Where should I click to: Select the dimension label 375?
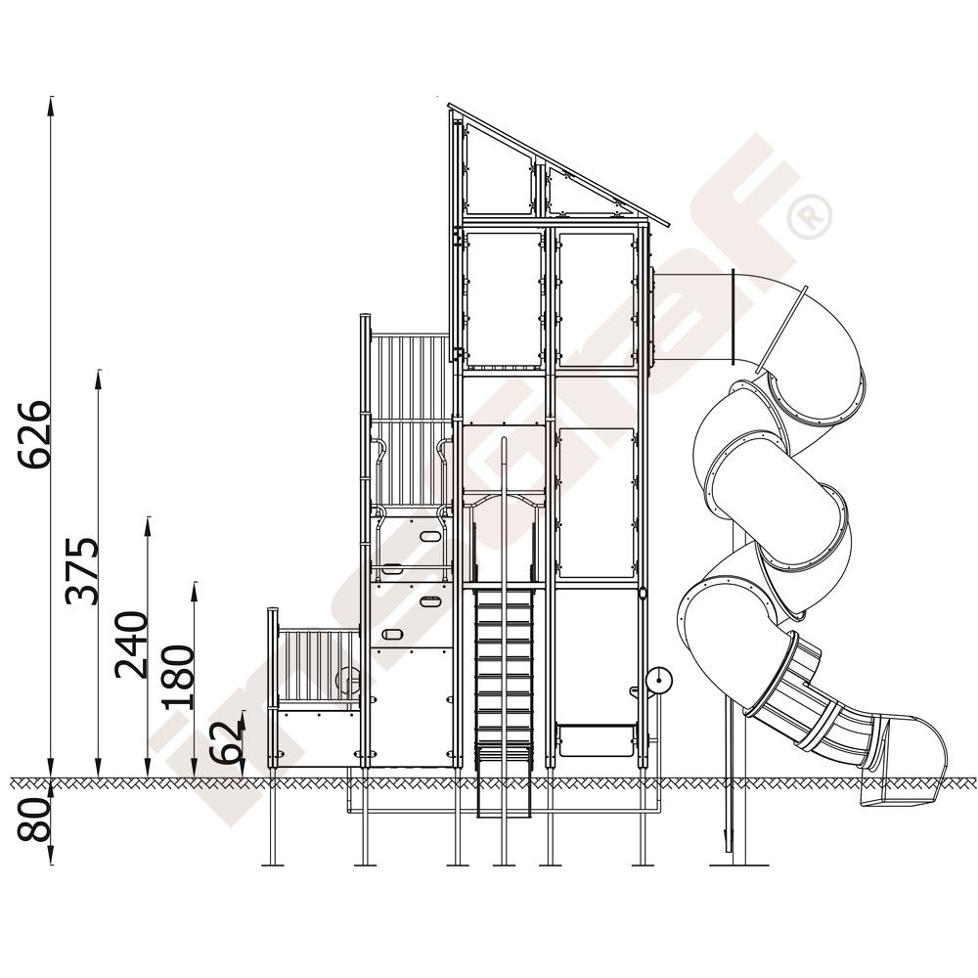[82, 571]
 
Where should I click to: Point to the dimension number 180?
[178, 677]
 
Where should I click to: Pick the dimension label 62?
[226, 741]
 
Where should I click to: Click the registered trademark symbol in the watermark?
[810, 216]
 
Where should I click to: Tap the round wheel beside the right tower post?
[658, 681]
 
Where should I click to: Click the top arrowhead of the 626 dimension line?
[51, 106]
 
